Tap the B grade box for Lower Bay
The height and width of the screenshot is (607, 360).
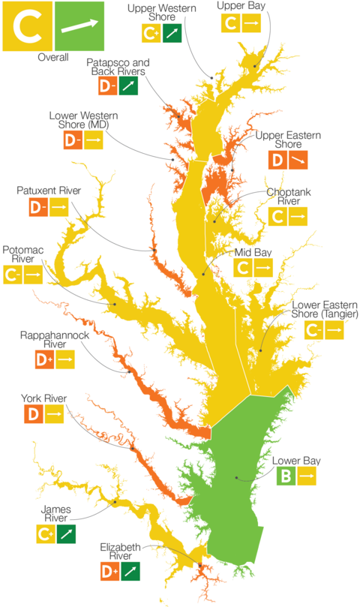pos(286,476)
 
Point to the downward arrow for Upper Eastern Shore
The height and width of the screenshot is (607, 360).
pos(298,160)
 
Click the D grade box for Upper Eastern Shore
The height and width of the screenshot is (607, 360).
pos(277,160)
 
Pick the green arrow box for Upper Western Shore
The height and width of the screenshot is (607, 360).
pos(172,33)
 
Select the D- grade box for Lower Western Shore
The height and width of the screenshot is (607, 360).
pos(72,140)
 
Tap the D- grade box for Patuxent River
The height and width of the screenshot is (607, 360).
pos(38,207)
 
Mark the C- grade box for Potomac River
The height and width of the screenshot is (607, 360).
pos(13,275)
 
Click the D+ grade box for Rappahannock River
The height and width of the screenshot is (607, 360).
pos(44,360)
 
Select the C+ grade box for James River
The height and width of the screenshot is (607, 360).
pos(45,534)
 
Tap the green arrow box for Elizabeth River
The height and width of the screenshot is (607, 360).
pos(130,572)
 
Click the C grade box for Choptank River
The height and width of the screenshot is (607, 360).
pos(277,217)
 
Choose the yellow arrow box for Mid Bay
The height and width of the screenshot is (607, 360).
pos(263,267)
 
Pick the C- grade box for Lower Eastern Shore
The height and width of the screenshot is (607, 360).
pos(313,330)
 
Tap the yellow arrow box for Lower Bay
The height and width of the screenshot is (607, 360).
pos(307,476)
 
